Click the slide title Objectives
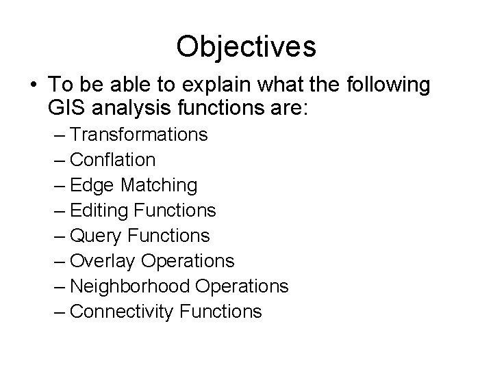(x=246, y=46)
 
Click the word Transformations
(x=139, y=135)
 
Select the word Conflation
(x=113, y=160)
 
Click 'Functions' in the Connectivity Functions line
(x=220, y=312)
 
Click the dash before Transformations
(x=59, y=135)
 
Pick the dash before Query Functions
(x=59, y=236)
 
